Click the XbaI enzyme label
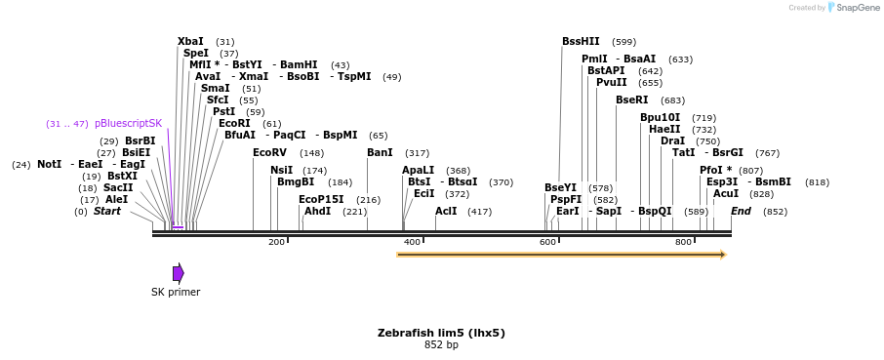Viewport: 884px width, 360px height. tap(191, 42)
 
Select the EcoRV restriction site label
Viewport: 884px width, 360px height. tap(269, 153)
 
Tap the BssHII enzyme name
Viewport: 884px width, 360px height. tap(581, 42)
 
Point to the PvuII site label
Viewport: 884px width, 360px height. tap(611, 83)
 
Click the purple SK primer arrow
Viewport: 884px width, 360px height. tap(178, 273)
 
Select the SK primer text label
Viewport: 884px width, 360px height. tap(176, 292)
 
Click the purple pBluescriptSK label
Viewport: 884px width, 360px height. tap(128, 124)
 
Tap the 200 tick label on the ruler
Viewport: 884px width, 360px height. tap(276, 241)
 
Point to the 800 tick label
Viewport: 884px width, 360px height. tap(684, 241)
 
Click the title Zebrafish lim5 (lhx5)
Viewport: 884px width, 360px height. tap(441, 333)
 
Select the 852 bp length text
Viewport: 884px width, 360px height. tap(441, 345)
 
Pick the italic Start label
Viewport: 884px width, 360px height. tap(106, 211)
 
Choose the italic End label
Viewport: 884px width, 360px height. tap(741, 211)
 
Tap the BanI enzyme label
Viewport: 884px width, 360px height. tap(380, 153)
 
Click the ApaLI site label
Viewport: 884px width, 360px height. tap(418, 170)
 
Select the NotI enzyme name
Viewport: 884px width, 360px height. tap(49, 165)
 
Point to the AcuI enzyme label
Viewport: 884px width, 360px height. tap(726, 194)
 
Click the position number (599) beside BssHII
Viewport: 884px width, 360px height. tap(623, 43)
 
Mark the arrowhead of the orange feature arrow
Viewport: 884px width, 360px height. tap(723, 255)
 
